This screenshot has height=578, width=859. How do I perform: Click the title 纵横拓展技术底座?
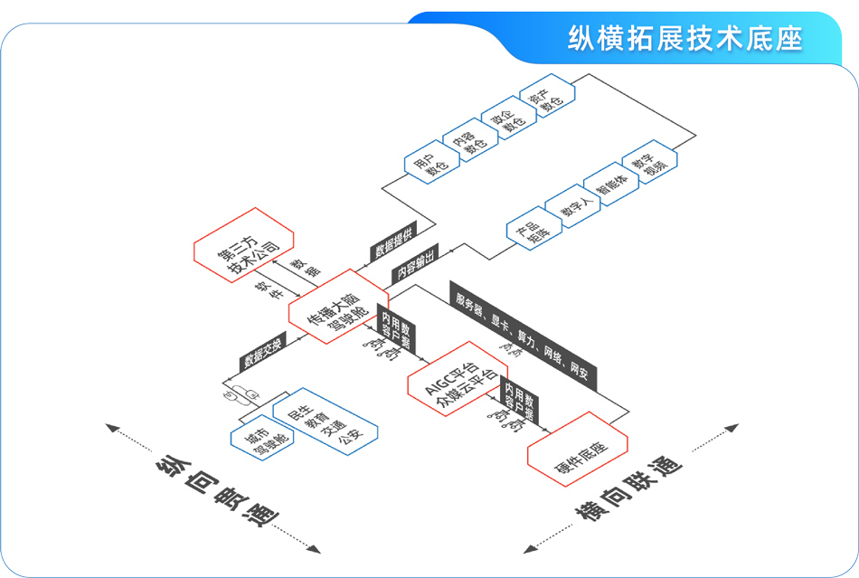684,39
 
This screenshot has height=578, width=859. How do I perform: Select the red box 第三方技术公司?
242,249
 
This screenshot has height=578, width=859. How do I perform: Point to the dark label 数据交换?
262,353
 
